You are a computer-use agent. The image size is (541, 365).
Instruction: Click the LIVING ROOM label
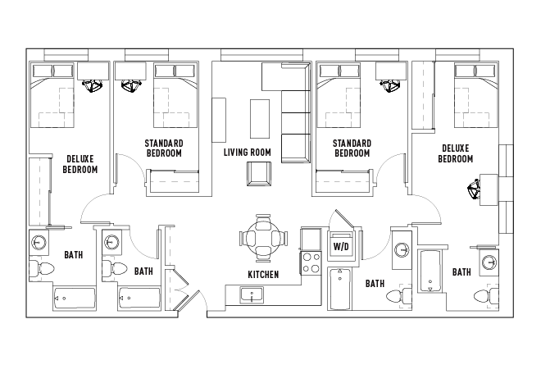247,153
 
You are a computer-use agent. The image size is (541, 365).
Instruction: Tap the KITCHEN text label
263,274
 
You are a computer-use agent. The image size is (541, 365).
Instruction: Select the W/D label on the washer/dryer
339,246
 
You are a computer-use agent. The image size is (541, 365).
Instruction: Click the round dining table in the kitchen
263,239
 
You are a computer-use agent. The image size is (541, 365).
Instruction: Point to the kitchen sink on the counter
250,294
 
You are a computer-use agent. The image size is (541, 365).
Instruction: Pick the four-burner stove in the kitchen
311,262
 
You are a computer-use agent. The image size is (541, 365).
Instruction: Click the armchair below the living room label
258,174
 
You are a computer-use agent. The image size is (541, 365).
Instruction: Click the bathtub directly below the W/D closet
339,290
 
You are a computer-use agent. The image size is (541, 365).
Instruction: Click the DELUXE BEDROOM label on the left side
80,164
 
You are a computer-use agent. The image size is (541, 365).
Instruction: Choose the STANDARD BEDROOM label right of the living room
352,148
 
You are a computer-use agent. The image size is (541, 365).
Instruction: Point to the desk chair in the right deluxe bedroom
475,191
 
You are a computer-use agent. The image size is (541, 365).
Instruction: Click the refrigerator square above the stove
311,239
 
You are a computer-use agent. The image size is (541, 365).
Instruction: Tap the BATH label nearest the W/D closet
375,284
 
